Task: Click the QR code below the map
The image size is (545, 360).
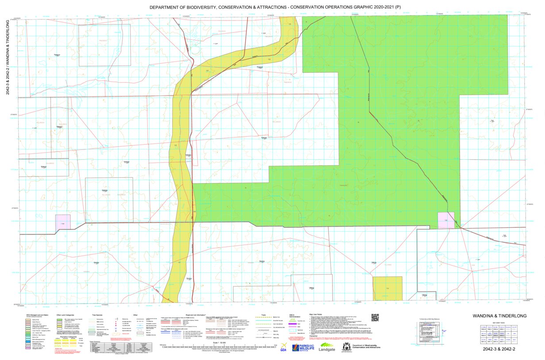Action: click(x=375, y=318)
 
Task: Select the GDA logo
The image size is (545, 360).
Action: click(x=284, y=347)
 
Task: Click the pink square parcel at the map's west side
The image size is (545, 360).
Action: click(x=63, y=222)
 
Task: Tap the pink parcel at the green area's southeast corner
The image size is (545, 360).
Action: click(x=446, y=220)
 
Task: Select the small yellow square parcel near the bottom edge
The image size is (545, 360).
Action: click(x=388, y=288)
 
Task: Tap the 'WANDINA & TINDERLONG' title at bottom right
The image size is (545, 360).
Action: click(x=499, y=316)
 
